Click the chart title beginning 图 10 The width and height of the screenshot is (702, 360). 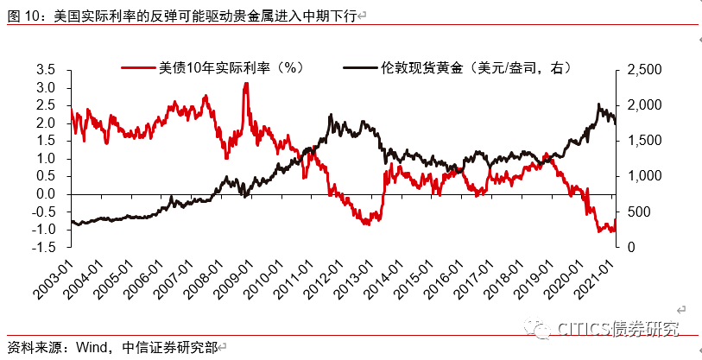point(181,16)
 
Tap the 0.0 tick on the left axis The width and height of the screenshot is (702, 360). point(46,194)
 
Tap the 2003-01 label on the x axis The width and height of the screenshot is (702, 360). point(60,274)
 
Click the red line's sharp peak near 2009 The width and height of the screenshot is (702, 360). point(246,84)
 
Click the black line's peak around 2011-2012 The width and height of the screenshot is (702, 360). point(331,115)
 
